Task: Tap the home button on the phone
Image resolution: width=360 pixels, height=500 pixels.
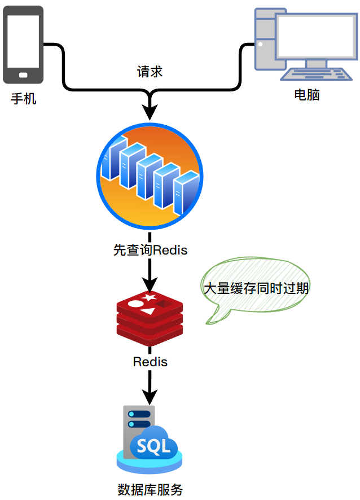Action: click(23, 75)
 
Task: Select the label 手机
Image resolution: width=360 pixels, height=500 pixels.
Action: click(24, 99)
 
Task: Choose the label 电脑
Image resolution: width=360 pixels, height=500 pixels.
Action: click(307, 95)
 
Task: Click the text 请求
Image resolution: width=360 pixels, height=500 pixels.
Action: click(150, 72)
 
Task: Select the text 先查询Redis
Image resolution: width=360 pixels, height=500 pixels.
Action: click(150, 250)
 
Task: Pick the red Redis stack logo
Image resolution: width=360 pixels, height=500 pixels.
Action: click(150, 319)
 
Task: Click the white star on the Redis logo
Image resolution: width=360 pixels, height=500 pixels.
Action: click(150, 297)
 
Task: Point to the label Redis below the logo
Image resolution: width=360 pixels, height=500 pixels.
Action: click(150, 361)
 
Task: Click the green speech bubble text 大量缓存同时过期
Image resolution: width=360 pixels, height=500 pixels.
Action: click(256, 288)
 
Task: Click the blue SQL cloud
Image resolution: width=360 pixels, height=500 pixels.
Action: click(153, 447)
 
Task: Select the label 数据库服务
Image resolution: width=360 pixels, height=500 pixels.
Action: click(150, 489)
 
